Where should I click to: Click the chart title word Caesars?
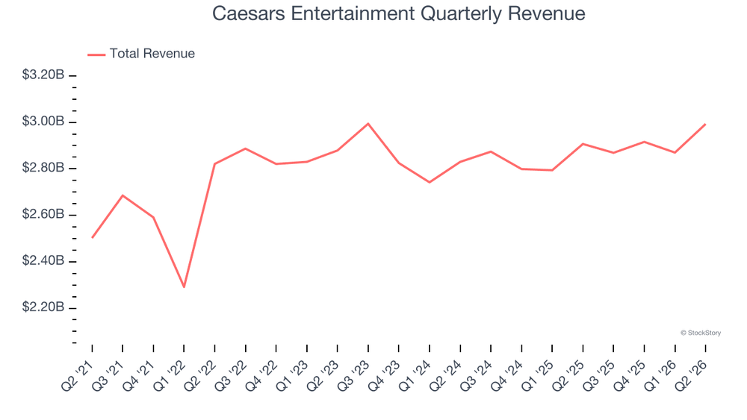coord(249,13)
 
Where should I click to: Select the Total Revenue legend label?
coord(152,53)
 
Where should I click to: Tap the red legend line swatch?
coord(96,54)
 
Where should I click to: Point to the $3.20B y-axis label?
coord(43,75)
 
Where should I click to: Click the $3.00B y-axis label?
coord(43,122)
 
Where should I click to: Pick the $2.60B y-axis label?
coord(43,214)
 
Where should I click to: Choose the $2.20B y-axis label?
coord(43,307)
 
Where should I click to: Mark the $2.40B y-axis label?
coord(43,260)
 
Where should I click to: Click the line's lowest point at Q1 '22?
coord(184,286)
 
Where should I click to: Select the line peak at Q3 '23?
coord(368,124)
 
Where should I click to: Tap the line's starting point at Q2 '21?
coord(92,237)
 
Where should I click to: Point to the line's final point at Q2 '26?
coord(705,125)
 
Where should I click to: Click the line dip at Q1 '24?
coord(430,182)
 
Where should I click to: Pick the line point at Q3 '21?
coord(123,195)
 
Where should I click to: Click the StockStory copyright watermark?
coord(701,333)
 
